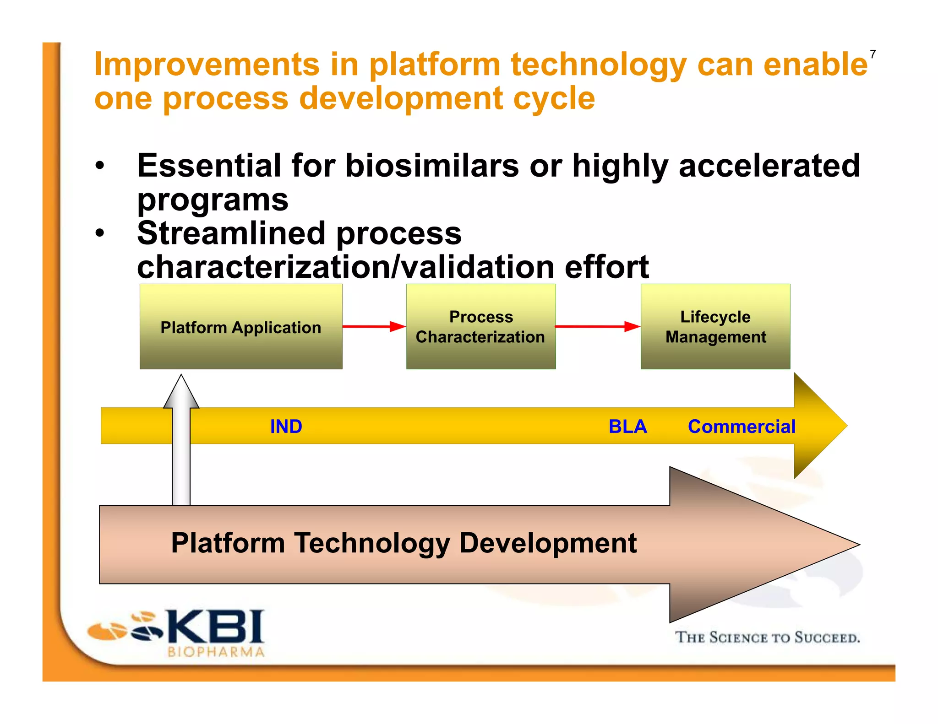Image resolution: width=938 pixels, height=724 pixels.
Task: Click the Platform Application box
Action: coord(241,327)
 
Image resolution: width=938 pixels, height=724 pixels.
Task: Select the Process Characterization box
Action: coord(481,327)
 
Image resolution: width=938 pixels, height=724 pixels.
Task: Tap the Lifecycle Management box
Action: coord(715,327)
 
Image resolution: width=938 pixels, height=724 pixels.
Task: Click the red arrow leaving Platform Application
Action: coord(374,326)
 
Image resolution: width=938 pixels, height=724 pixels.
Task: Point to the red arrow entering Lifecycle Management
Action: coord(597,326)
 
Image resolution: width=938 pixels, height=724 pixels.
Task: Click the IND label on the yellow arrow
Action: coord(286,427)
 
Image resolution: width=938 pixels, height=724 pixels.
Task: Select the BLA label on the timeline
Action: coord(627,427)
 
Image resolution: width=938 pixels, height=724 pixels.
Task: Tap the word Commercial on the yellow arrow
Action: coord(742,427)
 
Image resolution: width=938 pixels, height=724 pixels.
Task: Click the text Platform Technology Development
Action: coord(404,543)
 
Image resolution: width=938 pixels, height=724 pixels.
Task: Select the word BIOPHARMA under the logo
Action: coord(216,652)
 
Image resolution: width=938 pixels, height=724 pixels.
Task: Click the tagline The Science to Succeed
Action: coord(767,638)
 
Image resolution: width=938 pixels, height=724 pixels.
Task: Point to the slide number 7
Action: coord(873,55)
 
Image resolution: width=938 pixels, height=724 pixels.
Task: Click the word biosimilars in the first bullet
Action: coord(432,166)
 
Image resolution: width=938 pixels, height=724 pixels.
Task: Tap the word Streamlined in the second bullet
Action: coord(231,233)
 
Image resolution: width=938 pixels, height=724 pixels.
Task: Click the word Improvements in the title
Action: coord(207,64)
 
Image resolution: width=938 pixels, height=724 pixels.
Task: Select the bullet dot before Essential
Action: coord(100,166)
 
